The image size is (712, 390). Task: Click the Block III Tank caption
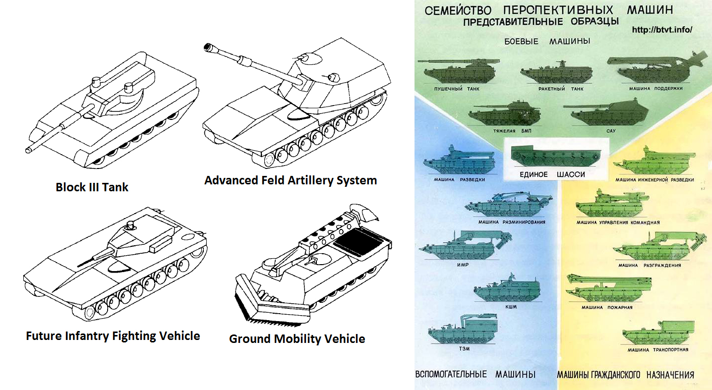pyautogui.click(x=92, y=187)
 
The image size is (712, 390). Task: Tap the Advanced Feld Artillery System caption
pyautogui.click(x=291, y=180)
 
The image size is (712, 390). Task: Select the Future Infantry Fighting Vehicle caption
pyautogui.click(x=113, y=336)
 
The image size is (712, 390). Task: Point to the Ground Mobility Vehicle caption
pyautogui.click(x=297, y=339)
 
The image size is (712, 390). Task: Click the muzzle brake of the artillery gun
pyautogui.click(x=209, y=48)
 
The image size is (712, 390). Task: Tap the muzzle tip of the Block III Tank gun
pyautogui.click(x=28, y=150)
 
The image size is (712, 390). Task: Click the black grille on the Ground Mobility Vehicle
pyautogui.click(x=358, y=242)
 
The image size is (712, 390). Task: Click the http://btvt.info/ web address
pyautogui.click(x=662, y=30)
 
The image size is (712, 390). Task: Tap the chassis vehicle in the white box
pyautogui.click(x=556, y=156)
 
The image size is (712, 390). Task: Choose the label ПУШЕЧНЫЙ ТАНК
pyautogui.click(x=457, y=89)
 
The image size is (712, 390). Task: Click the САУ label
pyautogui.click(x=611, y=131)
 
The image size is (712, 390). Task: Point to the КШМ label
pyautogui.click(x=511, y=307)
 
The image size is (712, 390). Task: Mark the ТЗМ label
pyautogui.click(x=464, y=349)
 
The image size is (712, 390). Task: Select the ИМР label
pyautogui.click(x=463, y=265)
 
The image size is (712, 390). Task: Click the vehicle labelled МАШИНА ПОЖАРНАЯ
pyautogui.click(x=608, y=288)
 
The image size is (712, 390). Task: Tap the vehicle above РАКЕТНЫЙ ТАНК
pyautogui.click(x=556, y=73)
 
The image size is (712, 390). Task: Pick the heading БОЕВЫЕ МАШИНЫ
pyautogui.click(x=547, y=41)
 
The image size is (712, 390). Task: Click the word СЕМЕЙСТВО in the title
pyautogui.click(x=458, y=10)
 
